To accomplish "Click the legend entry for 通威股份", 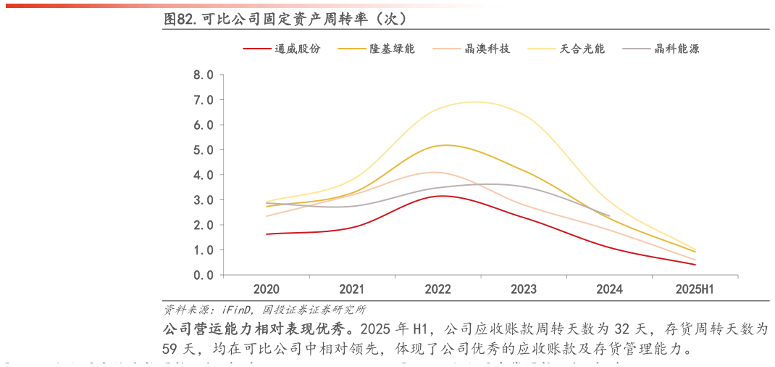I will tap(297, 49).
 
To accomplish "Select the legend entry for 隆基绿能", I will tap(392, 49).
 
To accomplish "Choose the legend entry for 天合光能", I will tap(582, 49).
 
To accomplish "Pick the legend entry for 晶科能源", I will tap(676, 49).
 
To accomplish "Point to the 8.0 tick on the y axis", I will tap(204, 75).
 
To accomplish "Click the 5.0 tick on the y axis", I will tap(204, 150).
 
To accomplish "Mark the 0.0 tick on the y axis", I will tap(204, 275).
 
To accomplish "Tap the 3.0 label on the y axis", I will tap(204, 200).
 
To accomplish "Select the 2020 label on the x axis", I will tap(267, 289).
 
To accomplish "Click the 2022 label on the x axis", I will tap(437, 289).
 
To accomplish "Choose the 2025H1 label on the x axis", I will tap(695, 289).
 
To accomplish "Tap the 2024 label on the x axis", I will tap(609, 289).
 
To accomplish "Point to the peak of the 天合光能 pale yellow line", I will tap(474, 102).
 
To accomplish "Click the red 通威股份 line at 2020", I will tap(267, 234).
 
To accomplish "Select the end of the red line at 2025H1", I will tap(695, 265).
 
